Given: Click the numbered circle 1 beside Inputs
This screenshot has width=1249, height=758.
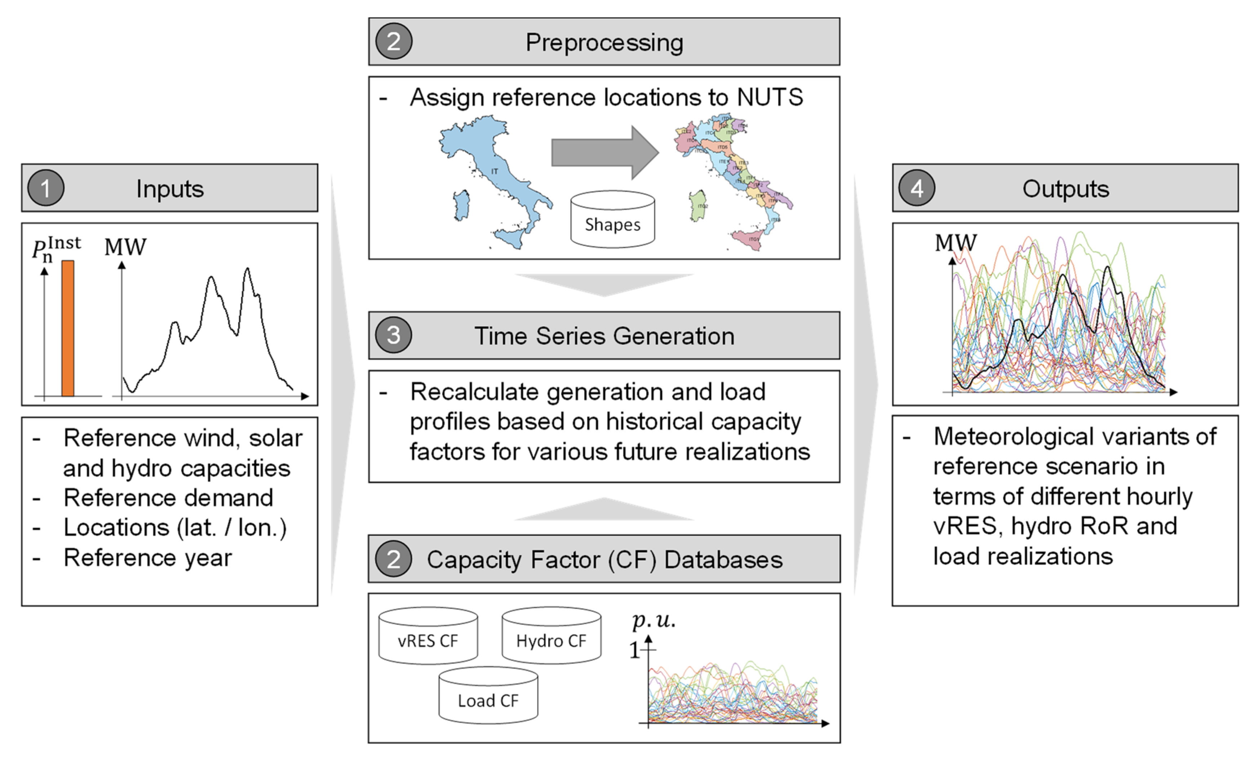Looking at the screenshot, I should point(46,188).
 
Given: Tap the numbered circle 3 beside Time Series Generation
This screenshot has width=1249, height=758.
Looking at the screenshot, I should point(393,335).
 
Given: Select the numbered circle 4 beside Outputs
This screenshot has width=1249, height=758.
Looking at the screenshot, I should point(916,188).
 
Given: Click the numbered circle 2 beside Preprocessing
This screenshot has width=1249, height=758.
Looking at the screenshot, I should point(393,41).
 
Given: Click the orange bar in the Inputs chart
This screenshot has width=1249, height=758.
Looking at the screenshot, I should point(68,328).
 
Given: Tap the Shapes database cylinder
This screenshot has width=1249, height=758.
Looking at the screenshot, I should point(612,219).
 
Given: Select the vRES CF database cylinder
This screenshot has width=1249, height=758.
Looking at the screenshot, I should point(428,636).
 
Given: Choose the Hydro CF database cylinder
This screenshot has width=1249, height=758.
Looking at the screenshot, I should point(551,636).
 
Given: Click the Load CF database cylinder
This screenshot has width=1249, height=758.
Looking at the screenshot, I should point(488,695).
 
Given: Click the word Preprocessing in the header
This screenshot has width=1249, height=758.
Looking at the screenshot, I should point(604,42).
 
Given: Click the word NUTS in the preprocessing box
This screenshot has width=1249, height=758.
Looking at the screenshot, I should point(770,97).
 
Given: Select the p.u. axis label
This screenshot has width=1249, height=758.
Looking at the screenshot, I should point(654,620).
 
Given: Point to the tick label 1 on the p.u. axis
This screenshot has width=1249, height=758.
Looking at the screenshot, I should point(634,650).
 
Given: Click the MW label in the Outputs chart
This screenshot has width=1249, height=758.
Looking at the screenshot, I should point(955,243).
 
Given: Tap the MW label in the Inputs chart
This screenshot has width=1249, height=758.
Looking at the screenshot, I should point(125,247).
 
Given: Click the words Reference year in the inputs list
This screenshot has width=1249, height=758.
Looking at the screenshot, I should point(147,557).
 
